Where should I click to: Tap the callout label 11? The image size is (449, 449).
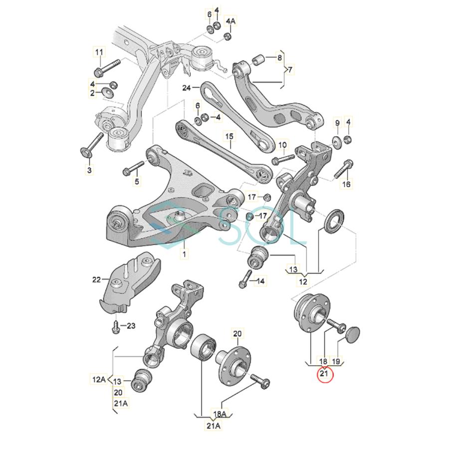99,52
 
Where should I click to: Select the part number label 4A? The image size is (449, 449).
230,21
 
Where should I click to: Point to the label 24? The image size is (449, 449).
187,88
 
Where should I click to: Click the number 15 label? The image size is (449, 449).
228,136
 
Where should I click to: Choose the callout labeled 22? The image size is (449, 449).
96,279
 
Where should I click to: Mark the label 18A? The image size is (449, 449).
220,414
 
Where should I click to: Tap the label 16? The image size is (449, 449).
346,185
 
